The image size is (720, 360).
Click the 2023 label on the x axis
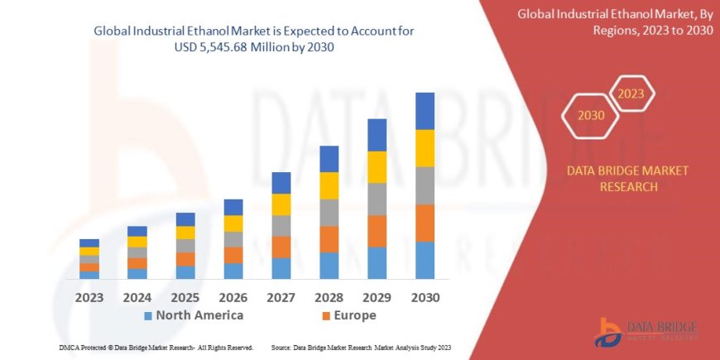[89, 297]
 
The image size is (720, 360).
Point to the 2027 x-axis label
[281, 297]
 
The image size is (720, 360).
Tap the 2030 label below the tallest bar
[424, 297]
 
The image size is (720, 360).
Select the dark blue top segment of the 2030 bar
[425, 111]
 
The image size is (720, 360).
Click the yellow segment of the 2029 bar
[377, 167]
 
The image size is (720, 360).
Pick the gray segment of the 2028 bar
[329, 213]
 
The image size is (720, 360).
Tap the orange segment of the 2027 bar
[281, 247]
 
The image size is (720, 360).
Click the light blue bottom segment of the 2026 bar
[233, 271]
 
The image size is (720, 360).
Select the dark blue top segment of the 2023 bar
[89, 242]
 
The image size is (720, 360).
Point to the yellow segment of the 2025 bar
[185, 233]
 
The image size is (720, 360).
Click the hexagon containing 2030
[591, 116]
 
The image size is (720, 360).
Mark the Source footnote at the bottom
[361, 348]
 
